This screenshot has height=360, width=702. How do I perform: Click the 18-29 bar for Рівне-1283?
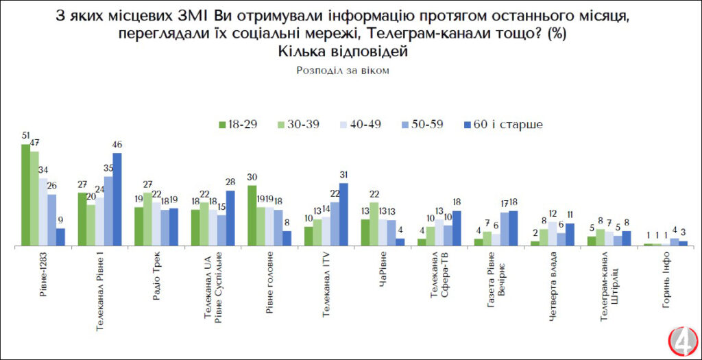[x=25, y=195]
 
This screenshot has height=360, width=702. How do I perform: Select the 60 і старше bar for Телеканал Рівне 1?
[x=117, y=199]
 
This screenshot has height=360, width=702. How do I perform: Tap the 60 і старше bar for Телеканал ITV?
[x=343, y=214]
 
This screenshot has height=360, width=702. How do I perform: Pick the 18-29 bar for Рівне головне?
[x=252, y=215]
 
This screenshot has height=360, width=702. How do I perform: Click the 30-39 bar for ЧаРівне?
[x=374, y=224]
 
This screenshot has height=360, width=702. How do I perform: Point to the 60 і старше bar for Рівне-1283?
[x=60, y=237]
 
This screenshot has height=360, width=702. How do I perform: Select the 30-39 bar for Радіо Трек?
[x=147, y=219]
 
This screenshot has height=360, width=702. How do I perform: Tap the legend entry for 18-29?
[x=239, y=124]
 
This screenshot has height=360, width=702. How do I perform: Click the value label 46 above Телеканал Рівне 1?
[x=117, y=145]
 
